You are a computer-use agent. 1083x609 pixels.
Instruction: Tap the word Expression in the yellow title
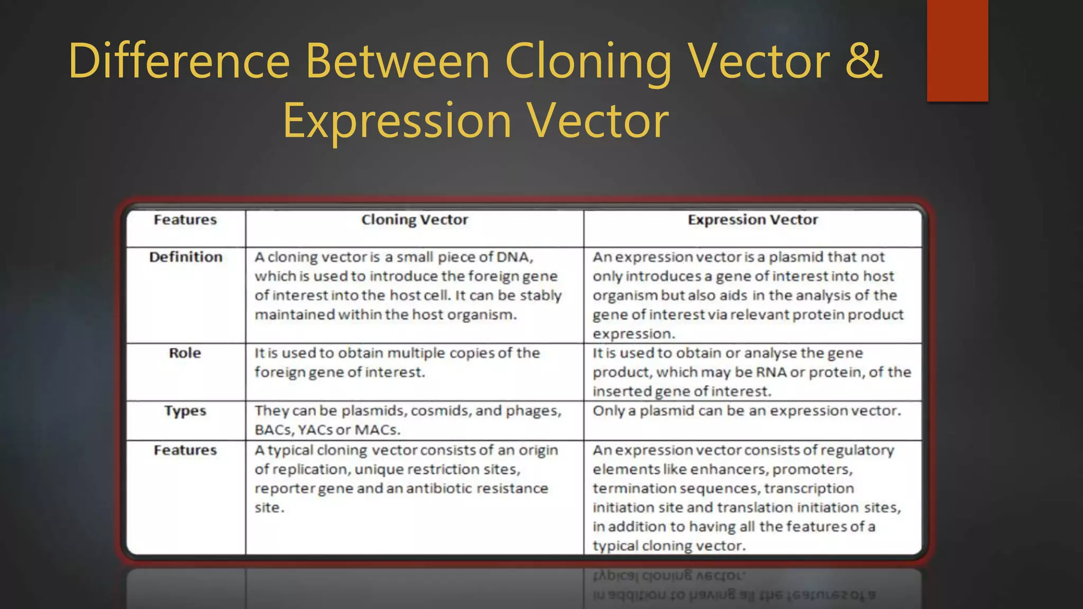pos(397,122)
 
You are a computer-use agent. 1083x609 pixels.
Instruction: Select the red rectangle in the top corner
pos(957,50)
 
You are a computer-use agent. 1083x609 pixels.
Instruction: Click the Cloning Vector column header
pos(415,220)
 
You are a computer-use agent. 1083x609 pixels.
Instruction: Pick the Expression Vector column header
pos(752,220)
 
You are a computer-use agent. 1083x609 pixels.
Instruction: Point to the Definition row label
pos(186,257)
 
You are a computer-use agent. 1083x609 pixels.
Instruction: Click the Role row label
pos(185,353)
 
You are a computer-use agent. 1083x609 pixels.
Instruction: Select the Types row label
pos(185,411)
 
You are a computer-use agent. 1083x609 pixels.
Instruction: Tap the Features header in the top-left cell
pos(185,220)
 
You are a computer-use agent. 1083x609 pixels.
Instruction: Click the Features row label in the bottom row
pos(185,450)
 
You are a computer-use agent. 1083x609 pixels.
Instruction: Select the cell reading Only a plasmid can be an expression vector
pos(746,411)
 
